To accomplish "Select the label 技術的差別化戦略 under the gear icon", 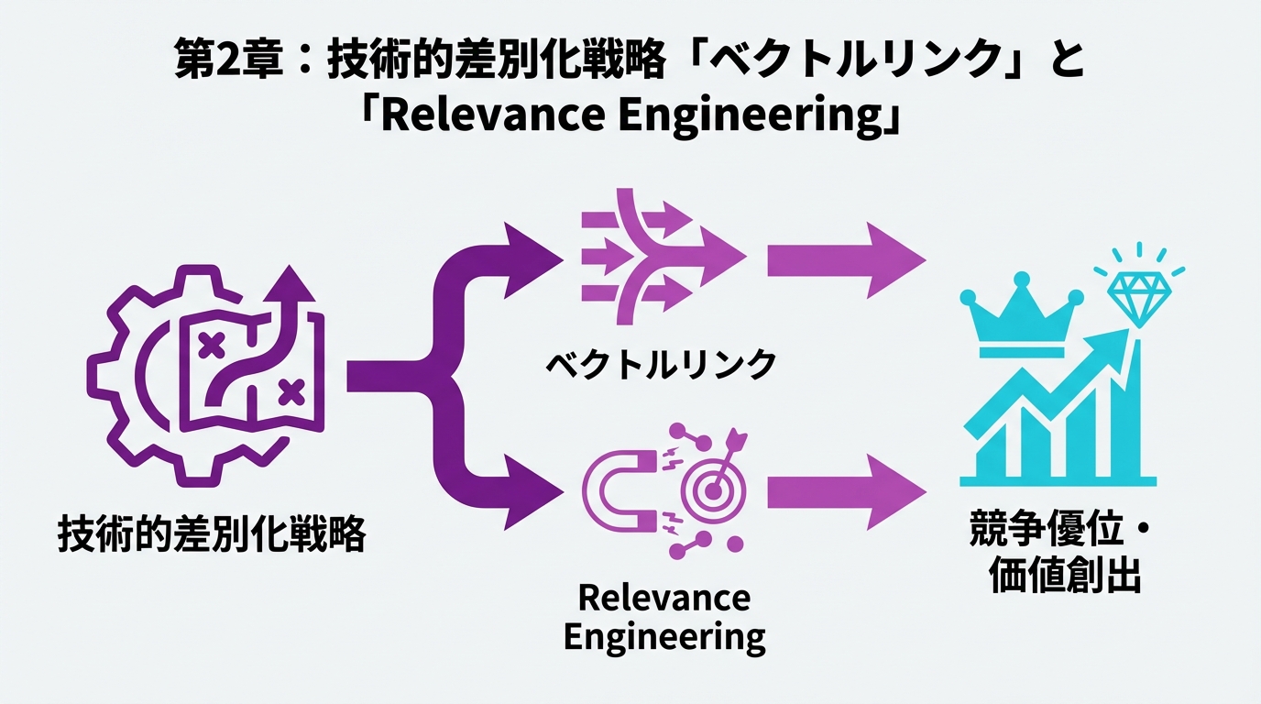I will pyautogui.click(x=211, y=533).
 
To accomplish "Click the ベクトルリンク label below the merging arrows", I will pyautogui.click(x=661, y=365).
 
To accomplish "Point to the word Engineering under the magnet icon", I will pyautogui.click(x=664, y=636).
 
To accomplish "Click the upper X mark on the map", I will pyautogui.click(x=212, y=346).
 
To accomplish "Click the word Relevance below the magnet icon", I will pyautogui.click(x=664, y=598).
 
